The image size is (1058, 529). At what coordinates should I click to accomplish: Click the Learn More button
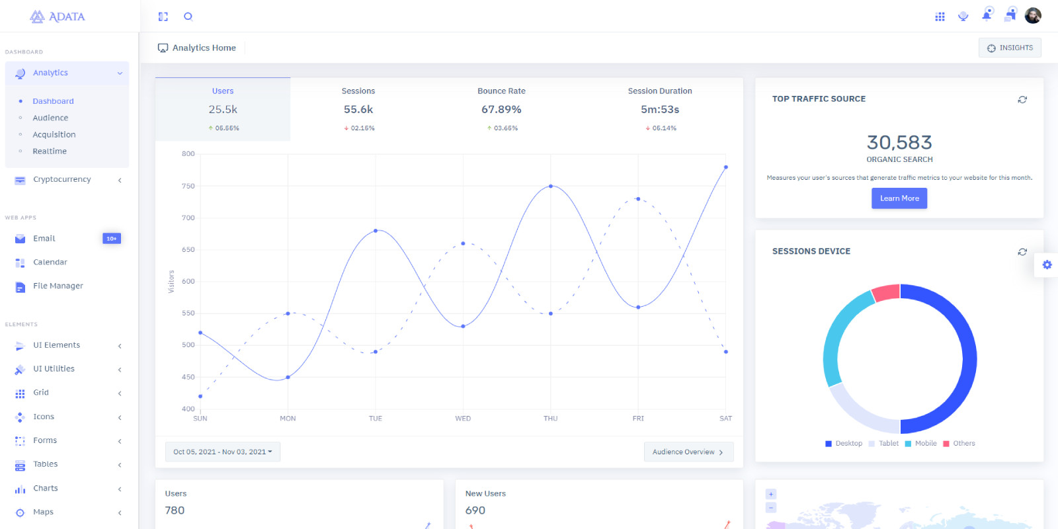[899, 198]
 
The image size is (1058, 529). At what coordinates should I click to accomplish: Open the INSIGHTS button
[1010, 48]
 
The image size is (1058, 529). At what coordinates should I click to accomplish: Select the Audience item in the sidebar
[50, 118]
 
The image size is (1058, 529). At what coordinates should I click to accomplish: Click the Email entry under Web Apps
[44, 238]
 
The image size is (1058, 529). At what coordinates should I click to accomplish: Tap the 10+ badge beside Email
[112, 238]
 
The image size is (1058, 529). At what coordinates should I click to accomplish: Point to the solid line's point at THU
[551, 186]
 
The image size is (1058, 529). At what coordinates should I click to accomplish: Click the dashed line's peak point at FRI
[638, 198]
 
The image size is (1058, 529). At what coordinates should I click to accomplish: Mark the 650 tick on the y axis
[188, 250]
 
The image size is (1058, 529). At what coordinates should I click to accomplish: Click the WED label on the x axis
[463, 419]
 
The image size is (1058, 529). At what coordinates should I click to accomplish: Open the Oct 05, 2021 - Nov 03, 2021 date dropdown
[223, 452]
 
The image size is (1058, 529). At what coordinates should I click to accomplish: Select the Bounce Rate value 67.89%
[501, 109]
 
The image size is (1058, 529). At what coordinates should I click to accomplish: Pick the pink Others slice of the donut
[886, 292]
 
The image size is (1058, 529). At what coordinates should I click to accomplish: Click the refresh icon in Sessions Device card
[1022, 252]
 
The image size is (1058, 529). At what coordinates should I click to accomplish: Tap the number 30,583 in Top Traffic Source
[899, 142]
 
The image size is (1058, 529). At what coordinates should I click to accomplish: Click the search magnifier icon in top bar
[188, 17]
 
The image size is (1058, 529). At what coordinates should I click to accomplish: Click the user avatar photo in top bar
[1033, 16]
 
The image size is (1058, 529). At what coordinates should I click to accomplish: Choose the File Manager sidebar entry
[58, 286]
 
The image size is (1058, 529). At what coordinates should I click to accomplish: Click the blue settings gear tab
[1047, 264]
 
